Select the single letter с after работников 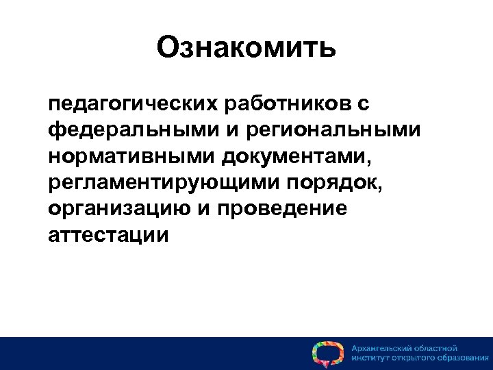pos(364,105)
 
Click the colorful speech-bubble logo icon pos(327,353)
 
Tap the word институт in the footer pos(370,358)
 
